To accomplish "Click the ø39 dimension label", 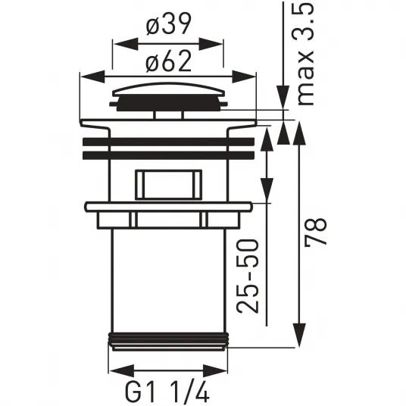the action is click(x=169, y=24).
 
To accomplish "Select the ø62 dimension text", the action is click(x=169, y=61).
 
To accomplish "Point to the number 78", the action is click(x=315, y=232).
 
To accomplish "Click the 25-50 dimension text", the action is click(x=248, y=276).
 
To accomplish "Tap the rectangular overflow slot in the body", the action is click(x=169, y=185).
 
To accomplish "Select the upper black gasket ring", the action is click(x=169, y=142).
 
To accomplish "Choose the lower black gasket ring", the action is click(x=169, y=155).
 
